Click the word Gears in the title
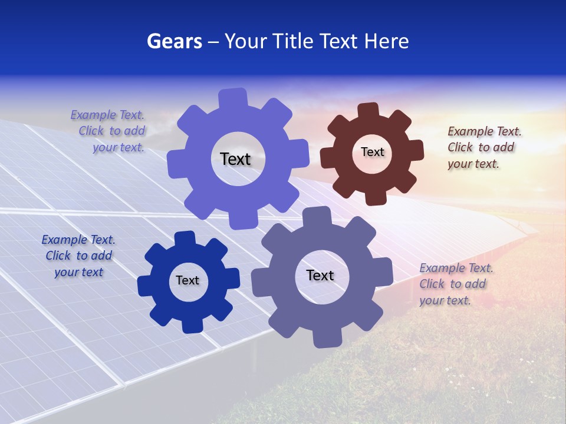[174, 41]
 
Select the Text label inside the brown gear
[372, 152]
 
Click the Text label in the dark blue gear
[187, 280]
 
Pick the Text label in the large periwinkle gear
[235, 159]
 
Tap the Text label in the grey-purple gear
[320, 275]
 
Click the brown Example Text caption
[484, 147]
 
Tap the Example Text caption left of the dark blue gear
[78, 256]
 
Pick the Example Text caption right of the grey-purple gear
[456, 284]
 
